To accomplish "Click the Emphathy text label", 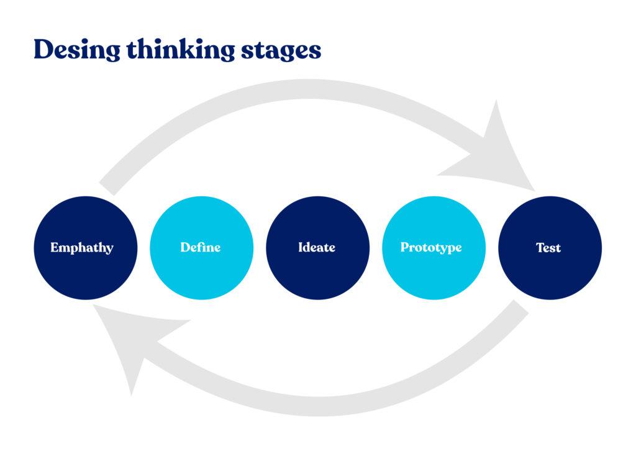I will pyautogui.click(x=82, y=248).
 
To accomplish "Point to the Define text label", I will pyautogui.click(x=201, y=247).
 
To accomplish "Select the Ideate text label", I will pyautogui.click(x=317, y=247).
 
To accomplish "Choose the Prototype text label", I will pyautogui.click(x=431, y=248).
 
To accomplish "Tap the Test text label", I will pyautogui.click(x=548, y=247).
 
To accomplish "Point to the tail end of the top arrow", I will pyautogui.click(x=107, y=187).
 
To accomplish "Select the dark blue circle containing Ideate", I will pyautogui.click(x=317, y=273).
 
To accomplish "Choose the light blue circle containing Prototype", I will pyautogui.click(x=433, y=273).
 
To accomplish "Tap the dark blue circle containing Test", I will pyautogui.click(x=549, y=273).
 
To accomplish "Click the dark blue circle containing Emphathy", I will pyautogui.click(x=85, y=273).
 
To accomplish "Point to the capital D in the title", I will pyautogui.click(x=42, y=49).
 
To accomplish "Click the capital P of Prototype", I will pyautogui.click(x=404, y=247).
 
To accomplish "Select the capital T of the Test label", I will pyautogui.click(x=540, y=247).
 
